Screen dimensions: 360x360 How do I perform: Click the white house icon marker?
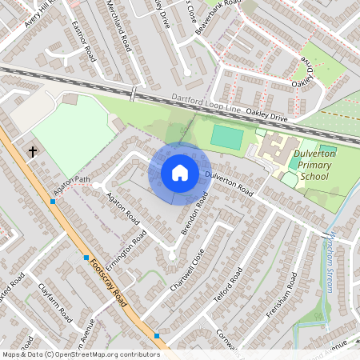(x=180, y=172)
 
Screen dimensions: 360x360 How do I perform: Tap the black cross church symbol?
(x=34, y=151)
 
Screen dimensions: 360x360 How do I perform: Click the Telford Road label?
(x=227, y=286)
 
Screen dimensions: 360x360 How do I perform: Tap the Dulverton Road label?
(x=230, y=184)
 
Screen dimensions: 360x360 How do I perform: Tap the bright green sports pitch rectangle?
(x=227, y=138)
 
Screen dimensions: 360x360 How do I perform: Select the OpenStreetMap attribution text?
(x=80, y=354)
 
